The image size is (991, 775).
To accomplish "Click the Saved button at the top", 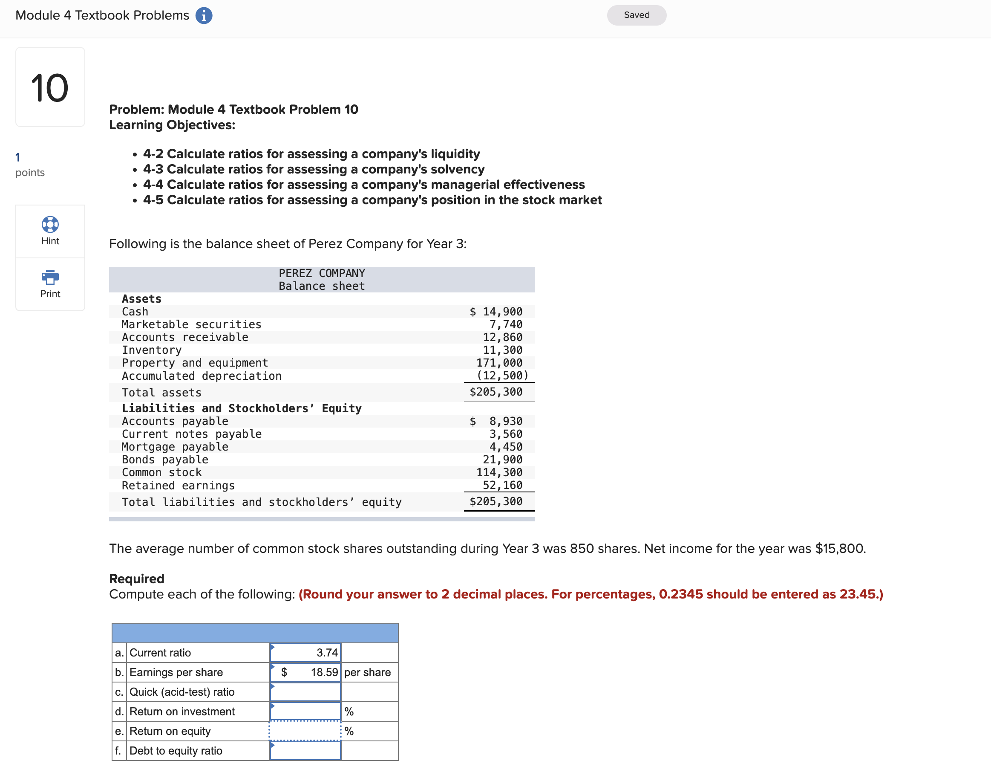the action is tap(636, 15).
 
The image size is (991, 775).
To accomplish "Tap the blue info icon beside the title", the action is tap(204, 15).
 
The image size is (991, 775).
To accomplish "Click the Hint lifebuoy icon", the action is tap(50, 224).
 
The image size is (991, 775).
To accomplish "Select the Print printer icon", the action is tap(50, 277).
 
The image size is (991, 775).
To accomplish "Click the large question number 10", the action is tap(50, 88).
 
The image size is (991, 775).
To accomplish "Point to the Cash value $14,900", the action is tap(496, 312).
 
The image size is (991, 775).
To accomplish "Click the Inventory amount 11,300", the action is tap(502, 350).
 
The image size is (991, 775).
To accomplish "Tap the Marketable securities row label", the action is tap(191, 324).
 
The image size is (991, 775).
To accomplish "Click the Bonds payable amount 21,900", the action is tap(502, 460).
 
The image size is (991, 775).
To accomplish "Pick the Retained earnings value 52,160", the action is tap(502, 486).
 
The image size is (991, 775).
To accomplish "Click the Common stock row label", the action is tap(161, 472).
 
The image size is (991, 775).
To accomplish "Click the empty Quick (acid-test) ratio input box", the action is tap(305, 692).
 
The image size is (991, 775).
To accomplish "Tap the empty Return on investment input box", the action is tap(305, 711).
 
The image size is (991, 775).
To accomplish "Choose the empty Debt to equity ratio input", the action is tap(305, 750).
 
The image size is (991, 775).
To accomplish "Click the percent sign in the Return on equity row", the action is tap(349, 731).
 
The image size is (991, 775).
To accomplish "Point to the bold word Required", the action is tap(137, 578).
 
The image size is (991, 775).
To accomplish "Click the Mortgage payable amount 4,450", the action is tap(505, 447).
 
